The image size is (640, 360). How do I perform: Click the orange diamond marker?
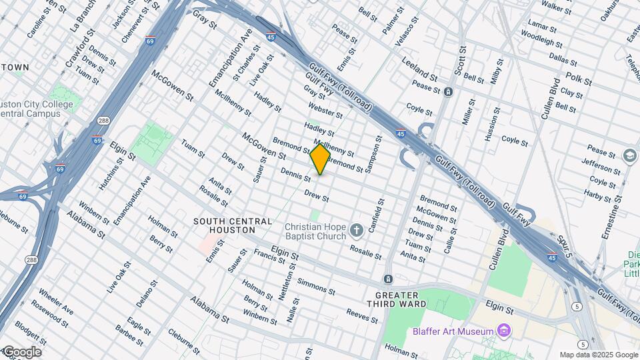(x=320, y=159)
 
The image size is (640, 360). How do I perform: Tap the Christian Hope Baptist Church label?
(x=315, y=231)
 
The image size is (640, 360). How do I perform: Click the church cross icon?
(x=357, y=231)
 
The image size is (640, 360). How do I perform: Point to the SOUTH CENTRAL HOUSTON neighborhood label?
(x=233, y=225)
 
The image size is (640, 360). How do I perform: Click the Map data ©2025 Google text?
(x=598, y=355)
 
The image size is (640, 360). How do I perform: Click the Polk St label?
(x=578, y=80)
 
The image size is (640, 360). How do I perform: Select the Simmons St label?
(x=316, y=286)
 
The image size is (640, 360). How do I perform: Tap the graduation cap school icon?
(x=629, y=155)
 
